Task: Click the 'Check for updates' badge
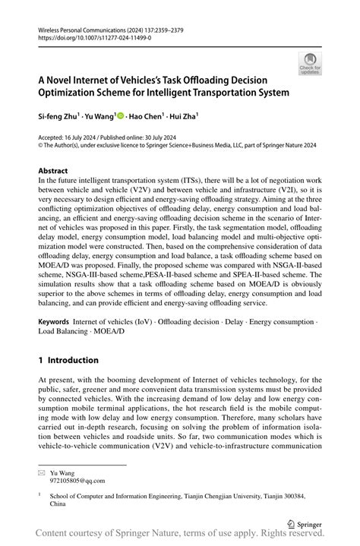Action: [x=310, y=63]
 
